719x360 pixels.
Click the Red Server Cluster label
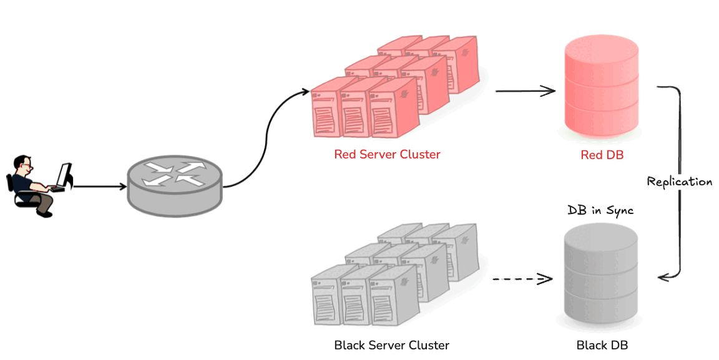click(387, 155)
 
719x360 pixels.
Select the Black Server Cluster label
click(391, 345)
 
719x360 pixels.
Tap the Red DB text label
click(602, 155)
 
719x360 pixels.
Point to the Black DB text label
click(602, 345)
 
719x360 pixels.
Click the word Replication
click(679, 182)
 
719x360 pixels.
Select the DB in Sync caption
click(600, 211)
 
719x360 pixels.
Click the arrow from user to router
click(100, 186)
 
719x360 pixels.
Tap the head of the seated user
click(23, 166)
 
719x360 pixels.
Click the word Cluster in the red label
click(419, 155)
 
